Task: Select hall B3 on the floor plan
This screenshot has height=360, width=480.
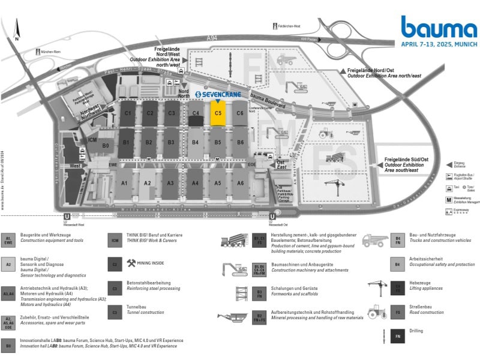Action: click(x=171, y=142)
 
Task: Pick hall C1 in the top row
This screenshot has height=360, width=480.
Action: click(x=127, y=113)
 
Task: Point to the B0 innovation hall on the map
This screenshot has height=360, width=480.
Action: click(x=106, y=146)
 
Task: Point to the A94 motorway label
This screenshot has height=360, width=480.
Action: click(x=212, y=38)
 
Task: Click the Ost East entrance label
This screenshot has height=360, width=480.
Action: click(x=281, y=165)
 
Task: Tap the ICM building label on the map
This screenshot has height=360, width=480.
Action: click(x=92, y=140)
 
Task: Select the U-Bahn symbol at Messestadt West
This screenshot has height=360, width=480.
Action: click(x=67, y=217)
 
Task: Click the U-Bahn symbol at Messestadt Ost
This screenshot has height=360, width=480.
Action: click(x=272, y=217)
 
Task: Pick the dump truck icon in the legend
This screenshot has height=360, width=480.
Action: click(x=374, y=241)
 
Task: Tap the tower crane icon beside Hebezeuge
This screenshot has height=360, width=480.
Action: click(x=374, y=287)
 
